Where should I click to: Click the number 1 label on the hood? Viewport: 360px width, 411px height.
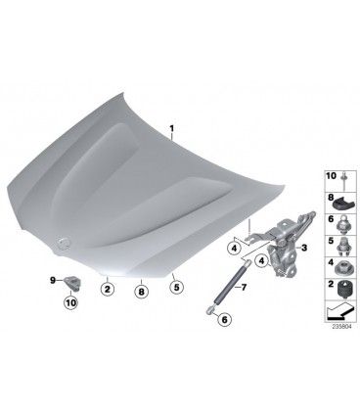171,129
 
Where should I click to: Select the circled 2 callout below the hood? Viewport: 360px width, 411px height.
108,289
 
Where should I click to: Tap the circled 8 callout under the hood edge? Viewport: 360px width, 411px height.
141,292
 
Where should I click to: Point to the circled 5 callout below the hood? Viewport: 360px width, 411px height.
176,287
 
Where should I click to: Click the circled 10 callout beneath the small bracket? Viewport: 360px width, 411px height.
70,302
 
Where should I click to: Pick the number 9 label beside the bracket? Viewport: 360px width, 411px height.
53,280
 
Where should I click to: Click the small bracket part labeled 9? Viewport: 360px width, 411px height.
73,282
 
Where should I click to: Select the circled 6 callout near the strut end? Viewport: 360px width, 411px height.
224,319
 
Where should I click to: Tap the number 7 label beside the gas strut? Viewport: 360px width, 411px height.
244,287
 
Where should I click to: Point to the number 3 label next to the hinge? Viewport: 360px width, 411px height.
304,248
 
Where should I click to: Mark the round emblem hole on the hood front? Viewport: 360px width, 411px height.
62,242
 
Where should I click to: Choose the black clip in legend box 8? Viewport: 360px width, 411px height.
342,204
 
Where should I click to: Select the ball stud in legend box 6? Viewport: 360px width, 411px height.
343,224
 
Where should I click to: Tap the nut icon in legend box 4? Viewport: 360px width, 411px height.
344,267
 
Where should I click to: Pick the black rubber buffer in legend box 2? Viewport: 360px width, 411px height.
345,289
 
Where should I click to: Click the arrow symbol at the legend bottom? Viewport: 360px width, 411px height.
340,311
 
